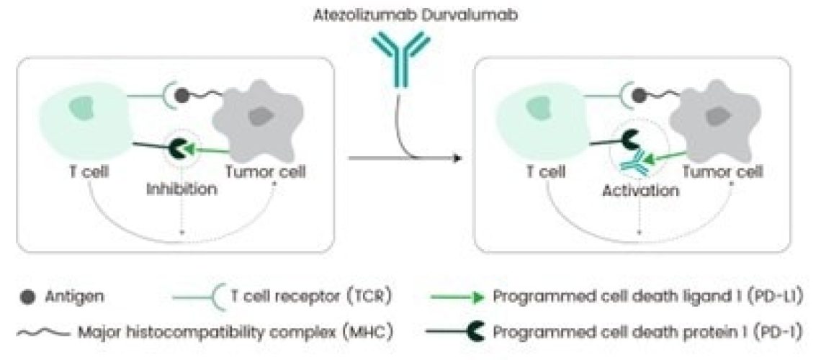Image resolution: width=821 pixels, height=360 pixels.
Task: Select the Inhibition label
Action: [181, 190]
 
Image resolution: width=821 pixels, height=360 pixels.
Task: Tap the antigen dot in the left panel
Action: [183, 94]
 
